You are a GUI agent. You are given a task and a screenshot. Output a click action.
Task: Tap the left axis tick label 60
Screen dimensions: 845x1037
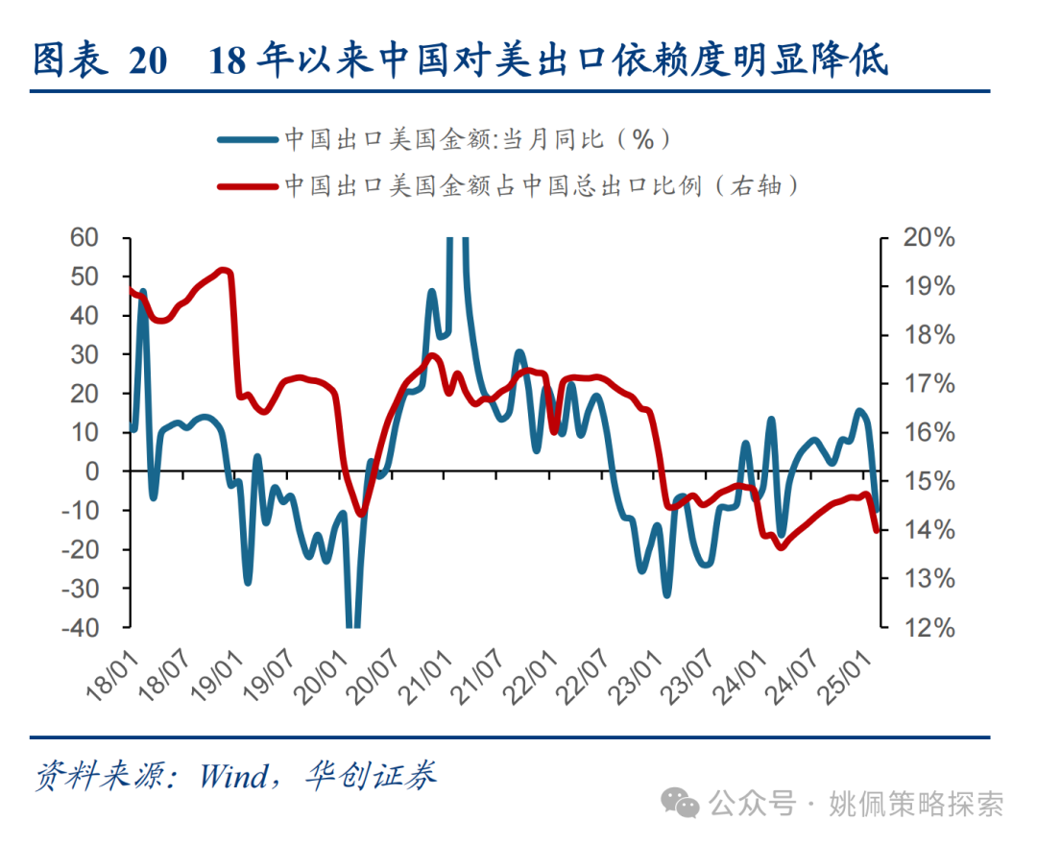(86, 237)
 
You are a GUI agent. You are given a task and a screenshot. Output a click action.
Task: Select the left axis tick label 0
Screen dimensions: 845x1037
(94, 471)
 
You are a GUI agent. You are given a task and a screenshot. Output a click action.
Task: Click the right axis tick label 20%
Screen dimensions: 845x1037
(929, 237)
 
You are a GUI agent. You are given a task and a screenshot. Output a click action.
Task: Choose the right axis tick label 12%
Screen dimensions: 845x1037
(929, 627)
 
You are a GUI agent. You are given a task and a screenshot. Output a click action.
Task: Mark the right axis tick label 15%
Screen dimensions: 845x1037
(929, 481)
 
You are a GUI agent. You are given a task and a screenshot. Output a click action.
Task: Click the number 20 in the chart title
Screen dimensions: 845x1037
(147, 60)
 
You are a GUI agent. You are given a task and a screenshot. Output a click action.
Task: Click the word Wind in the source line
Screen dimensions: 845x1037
(232, 776)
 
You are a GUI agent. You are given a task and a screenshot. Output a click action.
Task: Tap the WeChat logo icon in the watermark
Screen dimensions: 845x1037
(686, 803)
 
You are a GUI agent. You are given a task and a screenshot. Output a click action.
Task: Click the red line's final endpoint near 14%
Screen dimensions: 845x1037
(877, 529)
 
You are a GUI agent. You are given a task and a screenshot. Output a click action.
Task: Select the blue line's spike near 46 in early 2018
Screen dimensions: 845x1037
(143, 291)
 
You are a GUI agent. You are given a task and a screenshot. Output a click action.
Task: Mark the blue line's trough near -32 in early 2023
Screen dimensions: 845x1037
(666, 594)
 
